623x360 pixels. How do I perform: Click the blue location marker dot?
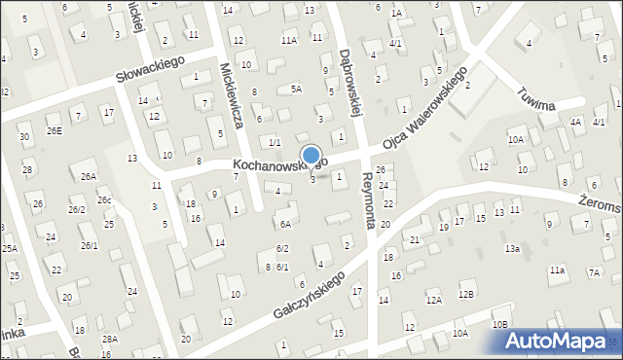(x=311, y=155)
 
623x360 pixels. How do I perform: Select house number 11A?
(x=289, y=40)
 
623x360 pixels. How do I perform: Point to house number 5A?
(x=296, y=89)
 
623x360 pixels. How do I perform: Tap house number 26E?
(x=54, y=131)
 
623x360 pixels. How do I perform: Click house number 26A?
(x=89, y=176)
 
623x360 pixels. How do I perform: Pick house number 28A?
(x=110, y=339)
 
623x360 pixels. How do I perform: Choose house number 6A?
(x=285, y=224)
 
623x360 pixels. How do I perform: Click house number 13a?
(x=512, y=249)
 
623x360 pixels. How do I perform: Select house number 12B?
(x=466, y=294)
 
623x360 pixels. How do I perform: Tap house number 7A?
(x=594, y=272)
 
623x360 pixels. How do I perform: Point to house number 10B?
(x=500, y=324)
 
